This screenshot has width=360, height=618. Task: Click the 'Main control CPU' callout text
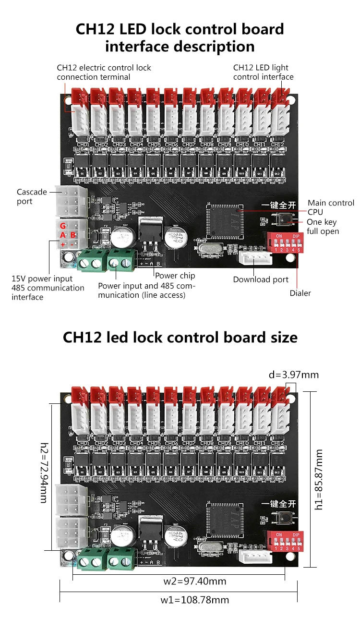pos(331,207)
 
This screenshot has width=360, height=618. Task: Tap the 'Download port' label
pos(261,279)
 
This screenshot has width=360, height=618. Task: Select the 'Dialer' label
pos(300,293)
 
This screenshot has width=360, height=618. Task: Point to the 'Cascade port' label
pos(32,196)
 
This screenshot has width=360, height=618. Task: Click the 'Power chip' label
pos(175,276)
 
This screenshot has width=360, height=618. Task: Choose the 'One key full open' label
pos(323,227)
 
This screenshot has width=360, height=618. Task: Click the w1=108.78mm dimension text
pos(194,600)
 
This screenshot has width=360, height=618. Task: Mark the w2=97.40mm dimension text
pos(194,582)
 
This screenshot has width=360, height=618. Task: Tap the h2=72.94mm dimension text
pos(44,473)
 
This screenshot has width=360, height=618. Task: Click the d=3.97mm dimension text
pos(294,375)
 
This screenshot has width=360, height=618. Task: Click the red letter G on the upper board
pos(62,225)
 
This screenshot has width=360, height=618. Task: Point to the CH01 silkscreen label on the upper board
pos(83,144)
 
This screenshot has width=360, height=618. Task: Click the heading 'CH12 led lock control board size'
pos(180,337)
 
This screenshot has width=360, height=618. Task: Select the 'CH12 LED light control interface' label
pos(263,72)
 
